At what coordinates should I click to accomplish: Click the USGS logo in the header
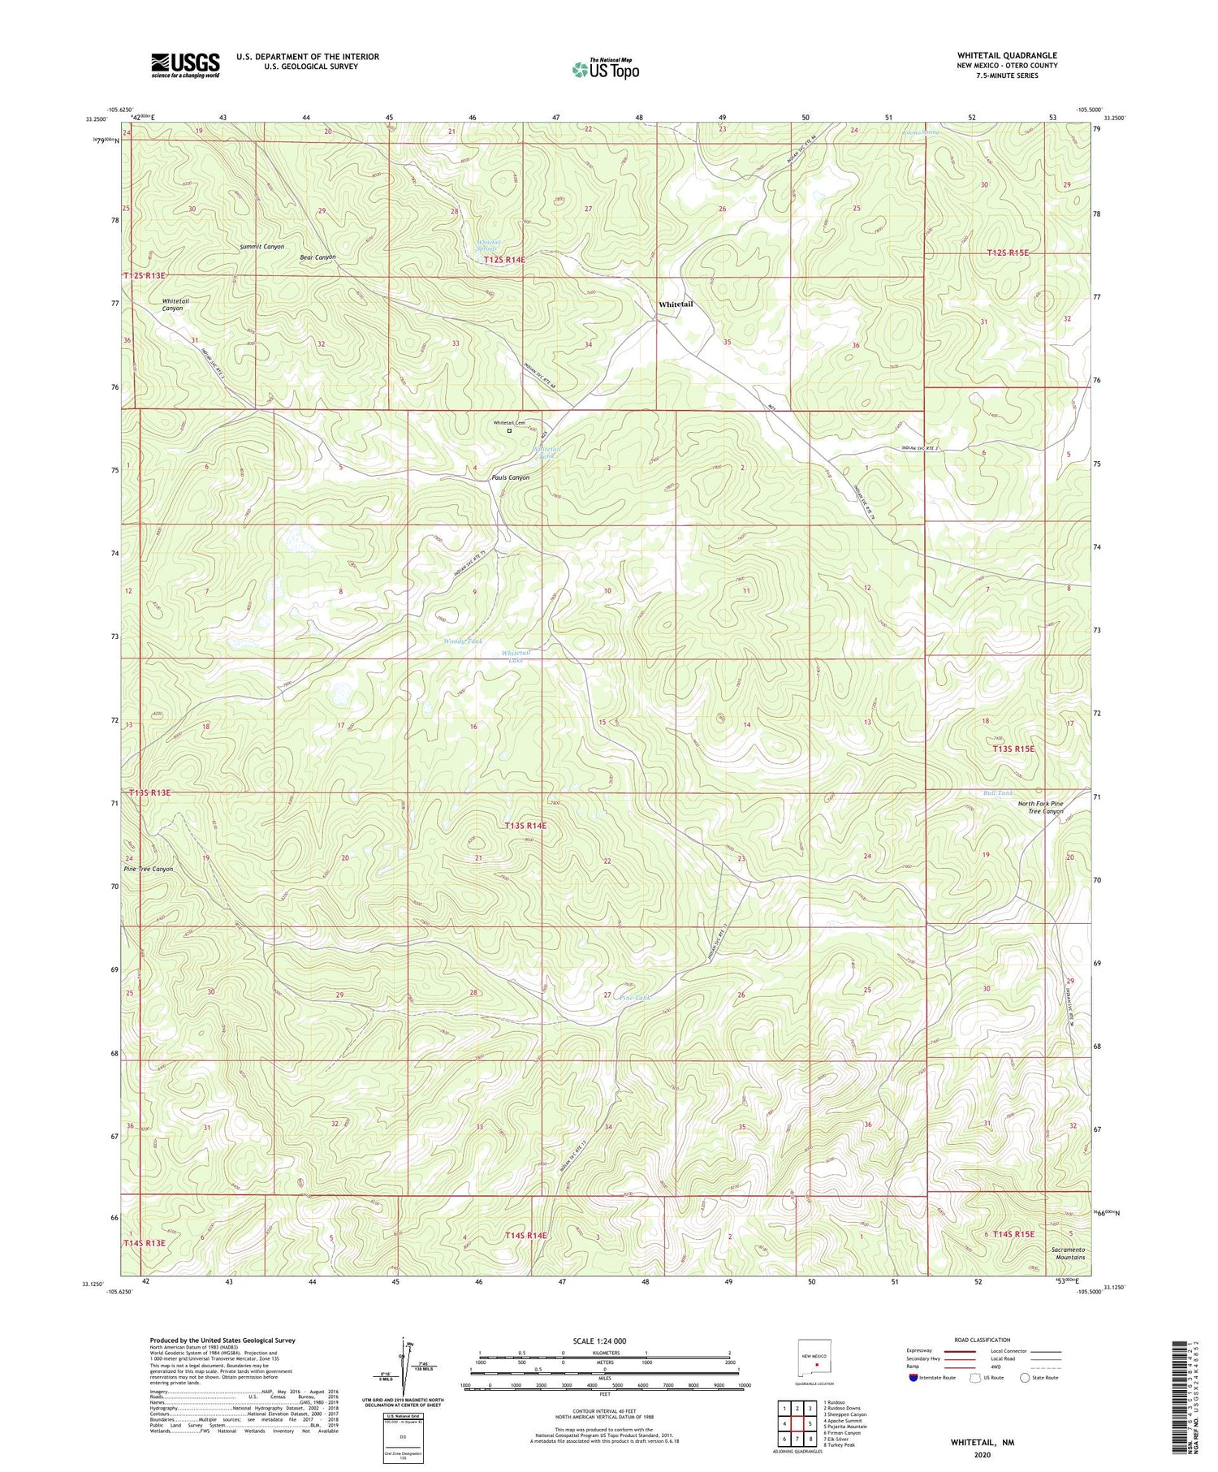click(x=185, y=65)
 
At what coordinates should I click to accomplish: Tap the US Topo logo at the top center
click(x=605, y=70)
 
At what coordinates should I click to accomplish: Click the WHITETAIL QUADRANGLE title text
click(x=1006, y=56)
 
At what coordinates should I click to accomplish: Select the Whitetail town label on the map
click(x=676, y=304)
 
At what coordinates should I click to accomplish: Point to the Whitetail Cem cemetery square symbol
click(x=510, y=431)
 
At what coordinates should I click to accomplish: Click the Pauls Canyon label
click(x=510, y=477)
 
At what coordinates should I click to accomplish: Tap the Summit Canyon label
click(x=261, y=246)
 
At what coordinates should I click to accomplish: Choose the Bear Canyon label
click(x=317, y=257)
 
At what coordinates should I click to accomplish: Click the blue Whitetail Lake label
click(x=516, y=656)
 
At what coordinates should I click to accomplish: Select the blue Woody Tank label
click(x=463, y=641)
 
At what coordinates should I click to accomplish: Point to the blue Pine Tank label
click(x=635, y=997)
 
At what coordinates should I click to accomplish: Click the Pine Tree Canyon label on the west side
click(x=149, y=869)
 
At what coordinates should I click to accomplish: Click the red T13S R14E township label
click(x=525, y=826)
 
